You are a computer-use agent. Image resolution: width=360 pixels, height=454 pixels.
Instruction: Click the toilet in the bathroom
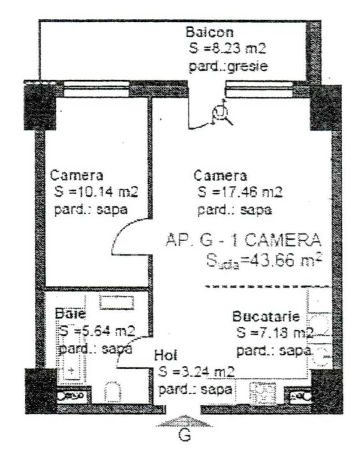tap(111, 392)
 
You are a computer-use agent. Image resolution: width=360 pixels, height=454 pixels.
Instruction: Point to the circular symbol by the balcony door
tap(220, 114)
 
